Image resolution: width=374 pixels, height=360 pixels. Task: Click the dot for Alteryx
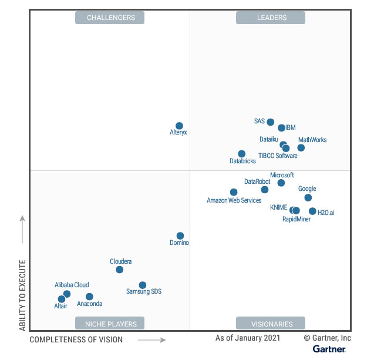[179, 126]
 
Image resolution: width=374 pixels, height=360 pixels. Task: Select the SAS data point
[270, 122]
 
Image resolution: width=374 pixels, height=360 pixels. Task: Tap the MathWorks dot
[301, 147]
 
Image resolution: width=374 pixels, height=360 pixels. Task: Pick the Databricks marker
[241, 154]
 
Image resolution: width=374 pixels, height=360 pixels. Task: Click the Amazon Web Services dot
[234, 192]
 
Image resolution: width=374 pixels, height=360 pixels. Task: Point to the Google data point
[308, 198]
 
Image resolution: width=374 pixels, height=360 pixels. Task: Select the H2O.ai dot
[312, 211]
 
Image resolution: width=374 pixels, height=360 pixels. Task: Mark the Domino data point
[180, 235]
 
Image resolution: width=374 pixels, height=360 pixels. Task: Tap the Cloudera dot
[119, 270]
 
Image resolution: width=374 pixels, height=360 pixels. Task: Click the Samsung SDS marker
[142, 285]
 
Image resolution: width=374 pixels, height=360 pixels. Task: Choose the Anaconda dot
[89, 297]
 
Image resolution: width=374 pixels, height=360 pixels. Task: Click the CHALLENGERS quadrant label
[110, 18]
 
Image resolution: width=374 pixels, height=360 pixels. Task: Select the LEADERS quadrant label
[271, 18]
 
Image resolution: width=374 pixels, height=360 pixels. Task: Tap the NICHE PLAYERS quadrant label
[110, 324]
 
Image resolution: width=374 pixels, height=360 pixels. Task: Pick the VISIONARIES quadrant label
[271, 324]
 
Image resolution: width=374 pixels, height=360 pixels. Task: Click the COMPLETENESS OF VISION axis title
[76, 339]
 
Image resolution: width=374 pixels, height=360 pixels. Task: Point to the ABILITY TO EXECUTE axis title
[23, 294]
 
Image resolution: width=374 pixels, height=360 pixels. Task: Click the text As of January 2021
[248, 338]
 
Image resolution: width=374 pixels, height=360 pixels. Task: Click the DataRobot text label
[257, 181]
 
